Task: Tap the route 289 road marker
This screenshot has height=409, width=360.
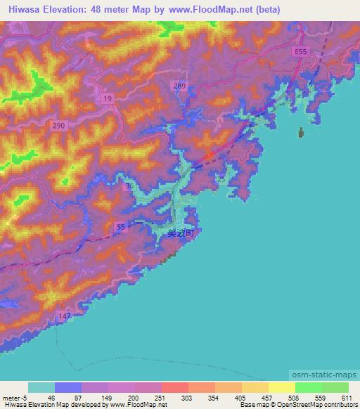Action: coord(181,85)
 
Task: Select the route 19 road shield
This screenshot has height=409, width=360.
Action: coord(107,100)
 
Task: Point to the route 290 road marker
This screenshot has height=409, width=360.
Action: coord(59,125)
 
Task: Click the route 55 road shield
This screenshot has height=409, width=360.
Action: coord(120,226)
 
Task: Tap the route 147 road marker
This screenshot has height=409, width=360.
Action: coord(65,318)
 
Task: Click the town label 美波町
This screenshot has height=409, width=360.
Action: coord(180,235)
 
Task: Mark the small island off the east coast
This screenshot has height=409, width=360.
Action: coord(302,132)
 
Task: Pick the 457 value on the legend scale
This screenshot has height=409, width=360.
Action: coord(268,398)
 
